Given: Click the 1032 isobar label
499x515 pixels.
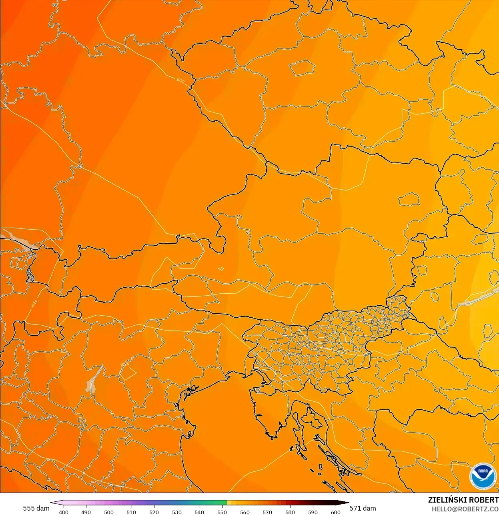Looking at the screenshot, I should click(180, 81).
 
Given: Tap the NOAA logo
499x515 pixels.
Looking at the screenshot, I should click(483, 476).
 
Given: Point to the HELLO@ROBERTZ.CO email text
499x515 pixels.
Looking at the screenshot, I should click(465, 509).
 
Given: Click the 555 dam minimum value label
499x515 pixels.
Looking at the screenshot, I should click(36, 508).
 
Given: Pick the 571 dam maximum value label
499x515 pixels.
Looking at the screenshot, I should click(363, 508).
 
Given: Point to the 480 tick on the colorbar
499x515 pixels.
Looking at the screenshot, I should click(64, 512).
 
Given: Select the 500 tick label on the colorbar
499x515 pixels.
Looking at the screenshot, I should click(109, 512).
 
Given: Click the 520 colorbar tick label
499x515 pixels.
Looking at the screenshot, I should click(154, 512).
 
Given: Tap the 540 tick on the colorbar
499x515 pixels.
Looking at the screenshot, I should click(199, 512).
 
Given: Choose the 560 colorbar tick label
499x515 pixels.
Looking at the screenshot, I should click(245, 512).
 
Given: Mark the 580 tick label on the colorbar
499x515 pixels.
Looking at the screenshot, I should click(290, 512).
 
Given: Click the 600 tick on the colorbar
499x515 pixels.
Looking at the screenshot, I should click(335, 512).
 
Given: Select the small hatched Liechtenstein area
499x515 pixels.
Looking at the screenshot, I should click(30, 275).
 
